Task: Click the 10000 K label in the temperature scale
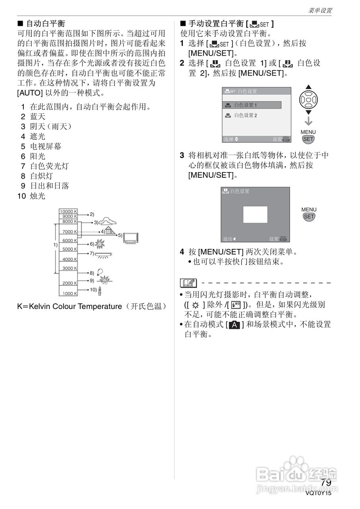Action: (x=68, y=211)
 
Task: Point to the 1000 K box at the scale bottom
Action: (x=68, y=293)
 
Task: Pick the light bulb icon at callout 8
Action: (x=99, y=272)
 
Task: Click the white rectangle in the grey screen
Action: (x=255, y=214)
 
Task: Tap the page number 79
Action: (x=326, y=482)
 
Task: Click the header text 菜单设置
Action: (x=320, y=11)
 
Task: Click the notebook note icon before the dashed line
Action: (x=188, y=283)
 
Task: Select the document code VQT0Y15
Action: (x=318, y=493)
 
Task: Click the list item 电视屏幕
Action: (x=46, y=146)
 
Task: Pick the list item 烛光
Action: (x=38, y=196)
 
